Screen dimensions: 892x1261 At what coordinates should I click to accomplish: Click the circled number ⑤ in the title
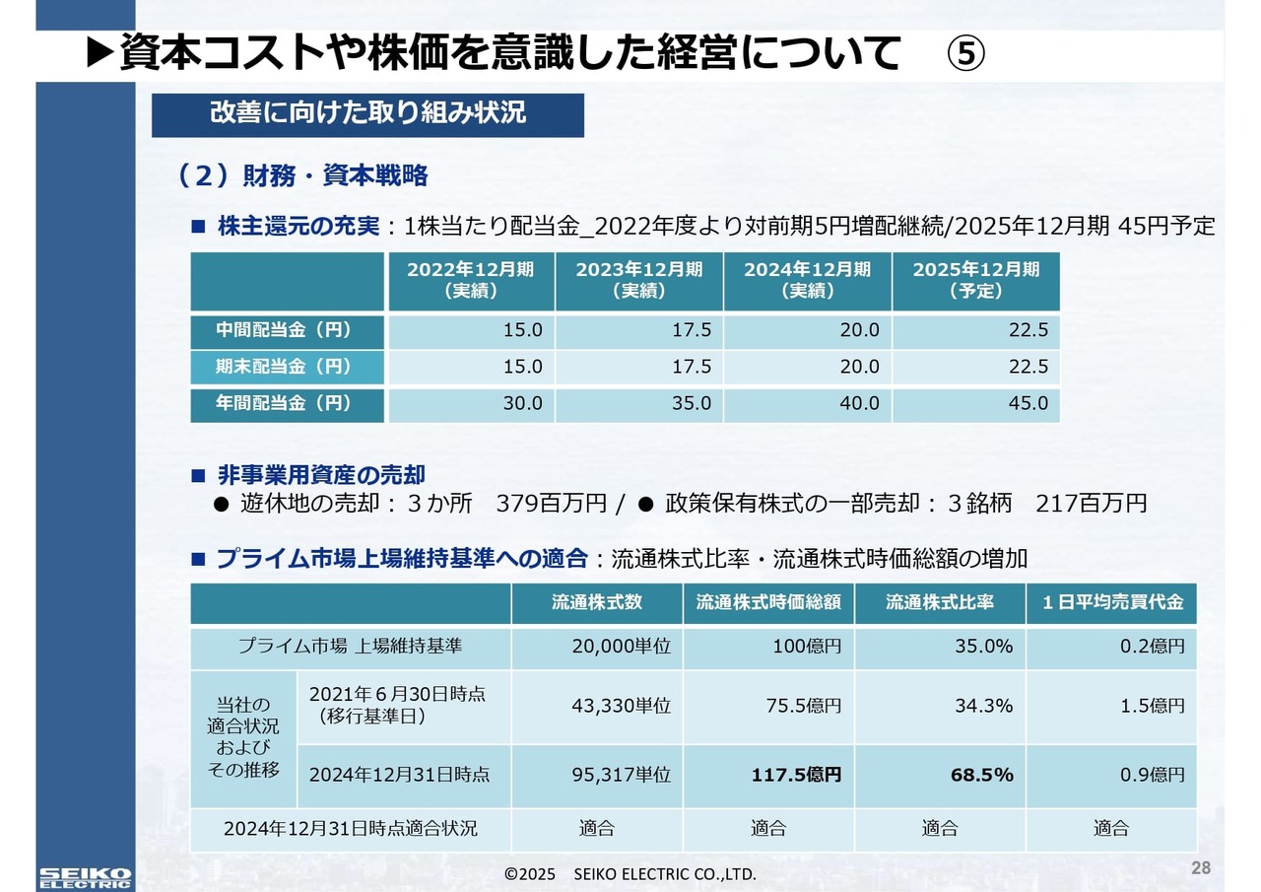(965, 53)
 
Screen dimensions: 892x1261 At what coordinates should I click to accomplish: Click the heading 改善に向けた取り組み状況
(367, 112)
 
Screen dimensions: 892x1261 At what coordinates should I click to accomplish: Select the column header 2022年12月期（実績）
(471, 280)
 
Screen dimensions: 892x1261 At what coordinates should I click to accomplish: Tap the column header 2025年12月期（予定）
(975, 280)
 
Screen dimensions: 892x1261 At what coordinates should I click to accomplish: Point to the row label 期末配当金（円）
(285, 367)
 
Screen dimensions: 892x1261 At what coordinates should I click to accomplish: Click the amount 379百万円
(552, 503)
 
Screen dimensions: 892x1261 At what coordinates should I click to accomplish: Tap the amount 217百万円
(1092, 503)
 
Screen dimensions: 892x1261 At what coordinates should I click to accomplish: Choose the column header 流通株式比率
(940, 602)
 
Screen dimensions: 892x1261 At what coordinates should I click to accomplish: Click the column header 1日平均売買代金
(1112, 602)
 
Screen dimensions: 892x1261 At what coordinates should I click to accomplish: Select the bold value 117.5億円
(796, 775)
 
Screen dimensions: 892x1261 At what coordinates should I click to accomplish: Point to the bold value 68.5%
(981, 775)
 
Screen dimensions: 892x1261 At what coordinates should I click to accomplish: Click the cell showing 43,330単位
(621, 706)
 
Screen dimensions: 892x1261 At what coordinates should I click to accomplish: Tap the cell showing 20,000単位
(621, 647)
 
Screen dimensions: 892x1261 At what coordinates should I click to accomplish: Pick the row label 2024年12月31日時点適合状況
(350, 828)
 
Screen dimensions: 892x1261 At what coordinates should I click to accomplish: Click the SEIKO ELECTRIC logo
(85, 877)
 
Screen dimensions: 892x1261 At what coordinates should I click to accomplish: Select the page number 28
(1201, 868)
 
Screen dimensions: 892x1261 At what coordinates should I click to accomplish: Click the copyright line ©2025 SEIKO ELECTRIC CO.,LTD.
(630, 874)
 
